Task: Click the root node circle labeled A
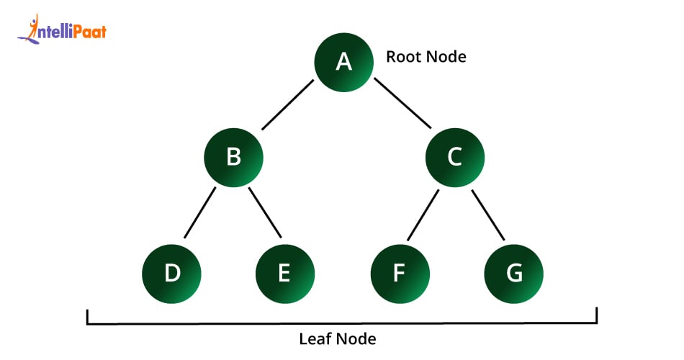[344, 62]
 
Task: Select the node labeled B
[233, 156]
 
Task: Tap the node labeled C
[454, 156]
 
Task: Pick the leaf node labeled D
[171, 274]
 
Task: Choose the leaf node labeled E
[284, 274]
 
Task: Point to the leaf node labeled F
[400, 274]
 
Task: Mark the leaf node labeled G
[513, 274]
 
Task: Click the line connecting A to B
[288, 104]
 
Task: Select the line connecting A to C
[401, 104]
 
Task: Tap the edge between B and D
[200, 213]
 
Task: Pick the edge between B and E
[265, 213]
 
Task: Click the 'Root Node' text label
[426, 57]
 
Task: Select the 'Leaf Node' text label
[338, 338]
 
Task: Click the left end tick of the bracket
[88, 317]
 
